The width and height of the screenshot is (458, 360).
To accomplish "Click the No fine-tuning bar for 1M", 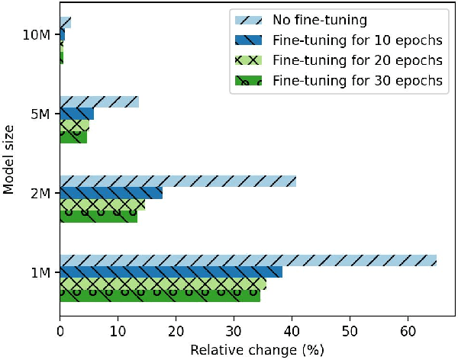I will (x=248, y=260).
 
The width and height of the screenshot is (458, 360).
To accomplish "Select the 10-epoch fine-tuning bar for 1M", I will (x=171, y=272).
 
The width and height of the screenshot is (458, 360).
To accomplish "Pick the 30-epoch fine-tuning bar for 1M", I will (x=160, y=296).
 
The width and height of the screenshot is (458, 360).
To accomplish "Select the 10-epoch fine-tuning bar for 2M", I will (x=111, y=193).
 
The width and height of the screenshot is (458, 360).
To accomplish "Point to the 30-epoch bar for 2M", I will (x=98, y=217).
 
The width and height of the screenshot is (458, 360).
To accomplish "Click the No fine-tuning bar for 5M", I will (x=99, y=102).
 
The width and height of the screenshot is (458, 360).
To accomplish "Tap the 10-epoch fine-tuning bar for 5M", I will (x=76, y=114).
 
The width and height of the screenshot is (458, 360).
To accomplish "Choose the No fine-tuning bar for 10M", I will (x=65, y=23).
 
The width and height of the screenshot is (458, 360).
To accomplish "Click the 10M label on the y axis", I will (x=38, y=35).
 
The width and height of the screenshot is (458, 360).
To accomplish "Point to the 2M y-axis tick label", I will (x=41, y=194).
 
